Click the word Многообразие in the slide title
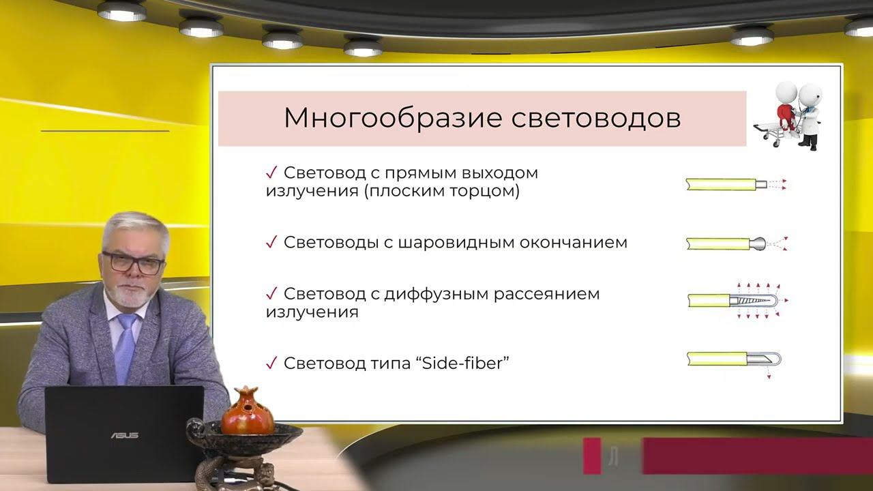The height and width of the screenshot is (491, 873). pos(393,118)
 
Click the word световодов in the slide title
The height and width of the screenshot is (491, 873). pos(596,118)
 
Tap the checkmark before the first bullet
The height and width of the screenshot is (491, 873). pos(271,173)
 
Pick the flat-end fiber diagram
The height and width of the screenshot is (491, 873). pos(735,184)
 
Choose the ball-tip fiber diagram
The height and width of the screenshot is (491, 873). pos(737,243)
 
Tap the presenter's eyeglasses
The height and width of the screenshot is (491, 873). pos(134,263)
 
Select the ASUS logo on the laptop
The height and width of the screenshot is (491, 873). pos(125,435)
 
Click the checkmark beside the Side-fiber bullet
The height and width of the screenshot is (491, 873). pos(271,363)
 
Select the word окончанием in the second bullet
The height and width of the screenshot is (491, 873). pos(580,243)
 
